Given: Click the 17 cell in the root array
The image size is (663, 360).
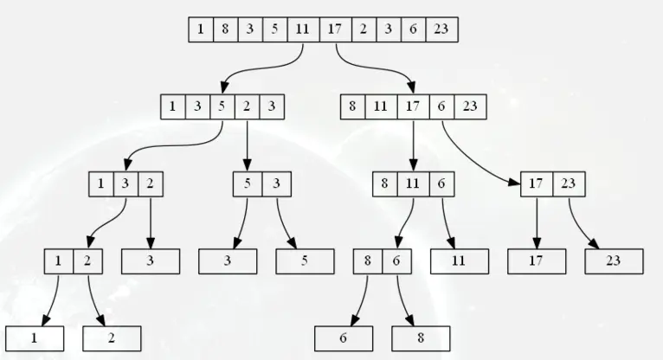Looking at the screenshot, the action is (335, 29).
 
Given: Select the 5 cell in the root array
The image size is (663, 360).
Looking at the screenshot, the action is (275, 29).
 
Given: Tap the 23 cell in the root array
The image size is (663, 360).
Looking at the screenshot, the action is (442, 29).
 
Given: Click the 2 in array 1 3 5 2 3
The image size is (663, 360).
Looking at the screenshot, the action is (247, 106).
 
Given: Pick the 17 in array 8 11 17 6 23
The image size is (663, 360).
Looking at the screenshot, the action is (413, 106).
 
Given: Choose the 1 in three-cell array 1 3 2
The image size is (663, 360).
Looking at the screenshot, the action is (101, 183).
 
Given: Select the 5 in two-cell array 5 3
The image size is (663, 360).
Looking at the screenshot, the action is (248, 183).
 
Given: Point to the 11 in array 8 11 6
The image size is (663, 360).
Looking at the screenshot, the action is (413, 183).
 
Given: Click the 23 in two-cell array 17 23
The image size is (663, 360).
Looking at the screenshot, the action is (569, 183).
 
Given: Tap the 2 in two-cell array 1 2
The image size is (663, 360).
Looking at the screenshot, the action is (87, 261).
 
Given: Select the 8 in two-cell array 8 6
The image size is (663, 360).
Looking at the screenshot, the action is (368, 261).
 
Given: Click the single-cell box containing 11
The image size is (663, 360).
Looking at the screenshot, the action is (460, 261).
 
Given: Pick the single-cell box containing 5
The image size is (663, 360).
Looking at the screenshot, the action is (305, 261).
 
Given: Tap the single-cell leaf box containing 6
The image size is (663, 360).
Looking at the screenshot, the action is (344, 338).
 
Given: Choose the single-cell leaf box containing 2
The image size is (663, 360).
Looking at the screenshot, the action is (112, 338).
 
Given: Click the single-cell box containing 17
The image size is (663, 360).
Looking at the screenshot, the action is (537, 261).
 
